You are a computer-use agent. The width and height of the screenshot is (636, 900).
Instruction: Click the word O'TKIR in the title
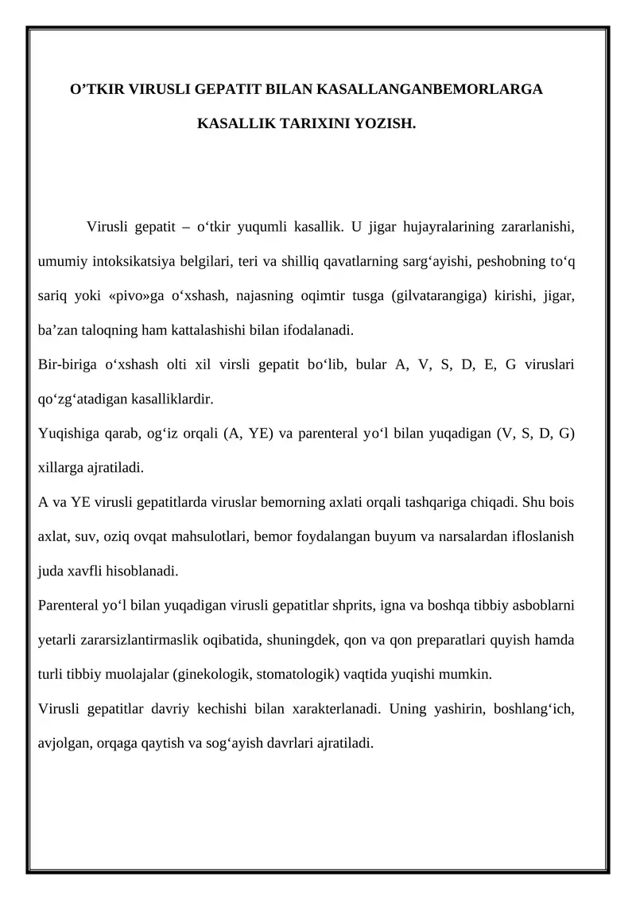pos(94,91)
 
